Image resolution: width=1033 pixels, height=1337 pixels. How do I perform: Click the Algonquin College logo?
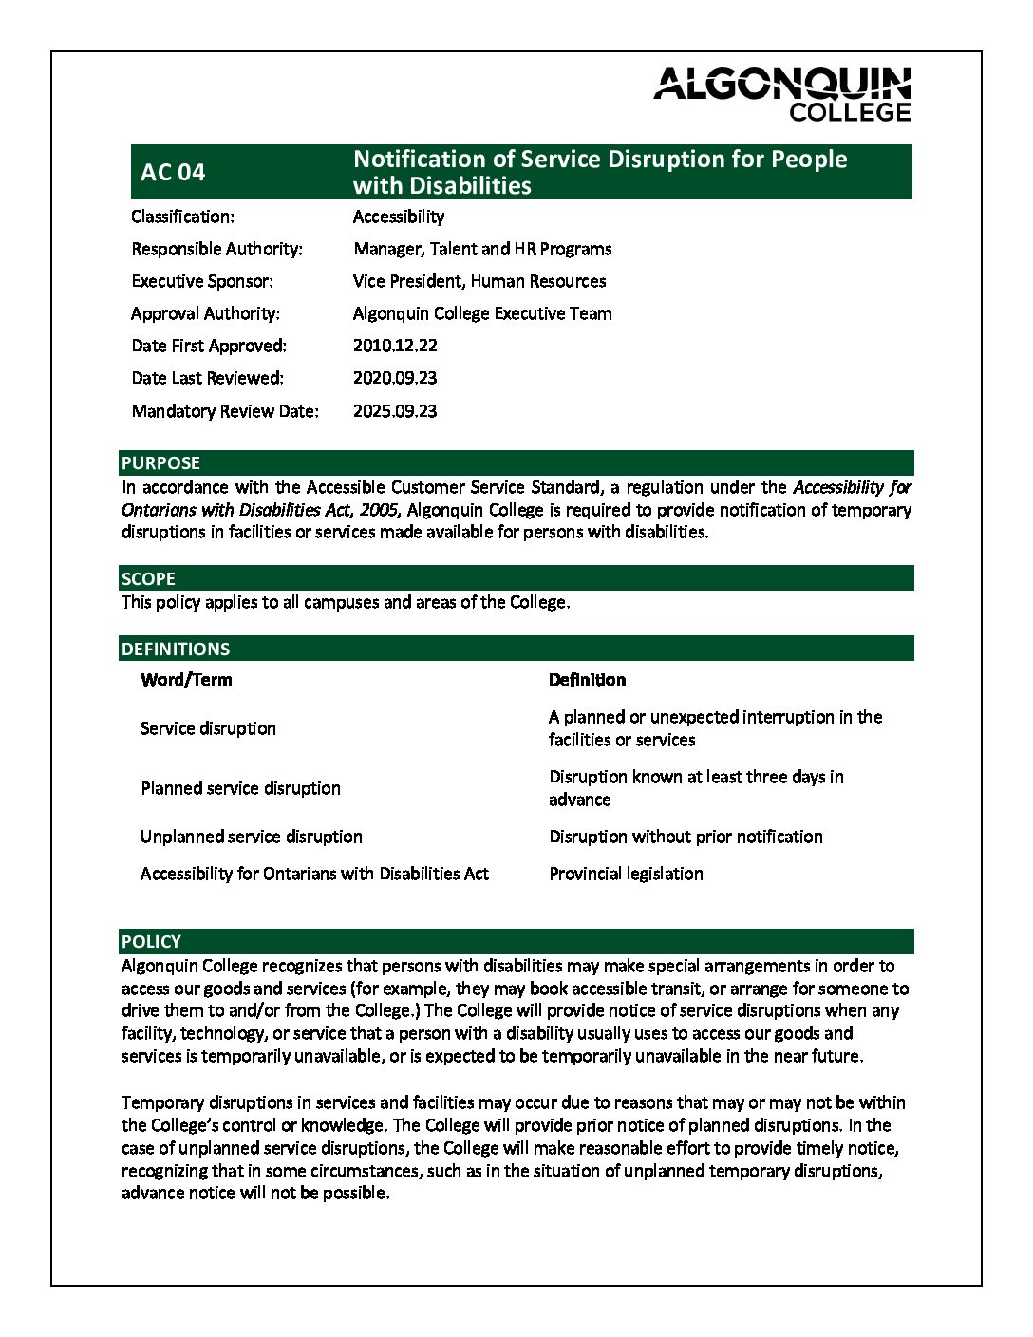pos(782,94)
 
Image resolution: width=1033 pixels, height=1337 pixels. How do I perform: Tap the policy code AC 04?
pos(173,172)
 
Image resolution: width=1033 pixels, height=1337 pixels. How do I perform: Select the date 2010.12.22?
pos(395,346)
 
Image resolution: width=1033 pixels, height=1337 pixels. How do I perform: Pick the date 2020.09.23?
pos(395,378)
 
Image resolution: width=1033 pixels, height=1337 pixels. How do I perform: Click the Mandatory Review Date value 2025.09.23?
pos(395,411)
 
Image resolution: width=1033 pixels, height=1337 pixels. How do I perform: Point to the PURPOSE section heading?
pos(160,463)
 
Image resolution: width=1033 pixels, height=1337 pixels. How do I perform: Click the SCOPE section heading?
pos(148,578)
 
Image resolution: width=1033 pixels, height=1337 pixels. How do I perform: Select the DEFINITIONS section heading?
pos(176,649)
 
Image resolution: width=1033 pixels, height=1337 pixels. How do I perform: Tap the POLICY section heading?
pos(151,941)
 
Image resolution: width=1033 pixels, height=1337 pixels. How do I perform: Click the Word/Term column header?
pos(186,680)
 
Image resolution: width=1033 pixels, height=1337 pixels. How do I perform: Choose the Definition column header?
pos(587,680)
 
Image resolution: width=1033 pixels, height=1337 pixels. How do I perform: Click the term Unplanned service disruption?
pos(252,837)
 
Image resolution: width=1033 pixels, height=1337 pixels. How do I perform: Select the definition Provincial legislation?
pos(626,874)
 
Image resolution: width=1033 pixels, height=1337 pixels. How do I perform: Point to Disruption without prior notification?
pos(686,837)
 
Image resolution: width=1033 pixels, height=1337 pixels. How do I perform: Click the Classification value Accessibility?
pos(399,217)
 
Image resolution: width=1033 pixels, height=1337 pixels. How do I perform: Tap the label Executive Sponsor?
pos(202,281)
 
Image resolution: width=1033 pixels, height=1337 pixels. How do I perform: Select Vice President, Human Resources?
pos(479,281)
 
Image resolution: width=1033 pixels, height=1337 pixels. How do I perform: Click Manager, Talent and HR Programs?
pos(482,249)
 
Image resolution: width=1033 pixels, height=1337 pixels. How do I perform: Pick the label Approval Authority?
pos(205,313)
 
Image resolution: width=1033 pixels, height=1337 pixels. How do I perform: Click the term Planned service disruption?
pos(240,788)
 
